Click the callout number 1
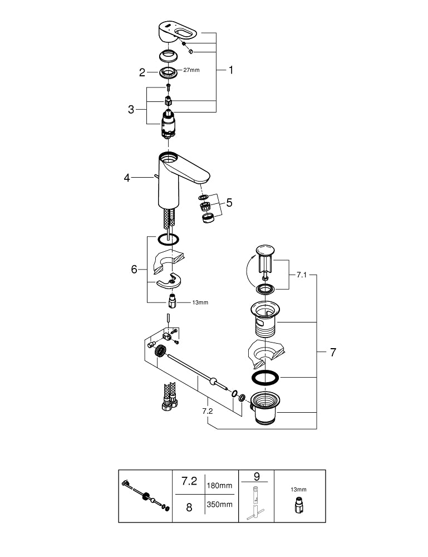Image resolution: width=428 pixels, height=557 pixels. coord(230,70)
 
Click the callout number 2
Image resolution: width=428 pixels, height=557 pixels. coord(142,72)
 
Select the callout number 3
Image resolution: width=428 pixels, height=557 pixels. coord(131,110)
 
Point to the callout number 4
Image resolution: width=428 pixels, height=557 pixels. coord(127,178)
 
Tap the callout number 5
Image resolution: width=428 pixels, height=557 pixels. coord(229,203)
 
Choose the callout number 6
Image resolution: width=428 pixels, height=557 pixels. coord(134,269)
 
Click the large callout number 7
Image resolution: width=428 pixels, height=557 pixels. coord(333,352)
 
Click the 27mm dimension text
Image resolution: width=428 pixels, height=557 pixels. coord(191,70)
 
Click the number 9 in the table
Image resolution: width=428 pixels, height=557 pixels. coord(257,476)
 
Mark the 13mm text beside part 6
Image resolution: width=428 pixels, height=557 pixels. coord(200,302)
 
